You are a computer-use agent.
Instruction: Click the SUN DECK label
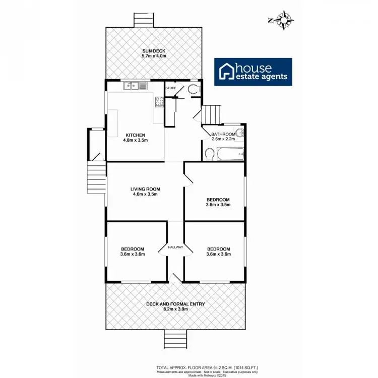pyautogui.click(x=154, y=50)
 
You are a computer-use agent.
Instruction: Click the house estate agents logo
pyautogui.click(x=254, y=72)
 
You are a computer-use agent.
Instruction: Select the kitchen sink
pyautogui.click(x=134, y=86)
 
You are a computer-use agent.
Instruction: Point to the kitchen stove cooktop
pyautogui.click(x=159, y=101)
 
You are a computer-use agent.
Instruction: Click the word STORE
pyautogui.click(x=171, y=88)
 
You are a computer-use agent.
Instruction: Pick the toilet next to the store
pyautogui.click(x=193, y=89)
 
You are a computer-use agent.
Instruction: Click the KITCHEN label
pyautogui.click(x=135, y=135)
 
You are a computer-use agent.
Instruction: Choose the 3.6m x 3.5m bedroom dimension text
pyautogui.click(x=218, y=205)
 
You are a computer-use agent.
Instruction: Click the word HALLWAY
pyautogui.click(x=175, y=247)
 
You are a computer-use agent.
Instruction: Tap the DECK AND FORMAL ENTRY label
pyautogui.click(x=173, y=304)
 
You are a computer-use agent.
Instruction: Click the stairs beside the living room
pyautogui.click(x=96, y=178)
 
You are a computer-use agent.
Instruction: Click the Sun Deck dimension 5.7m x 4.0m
pyautogui.click(x=154, y=56)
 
